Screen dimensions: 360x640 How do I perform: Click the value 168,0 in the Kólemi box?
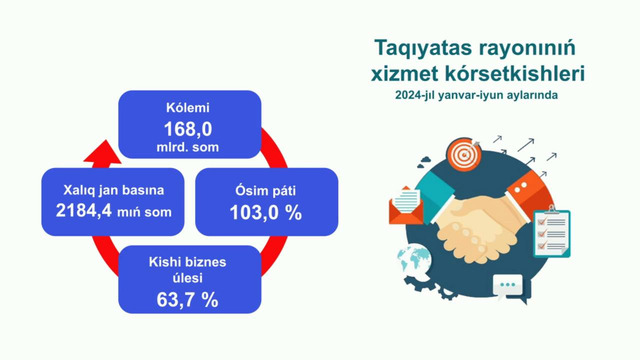[x=190, y=127]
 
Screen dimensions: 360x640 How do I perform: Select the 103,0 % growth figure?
[x=246, y=211]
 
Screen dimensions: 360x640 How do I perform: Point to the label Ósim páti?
[x=246, y=188]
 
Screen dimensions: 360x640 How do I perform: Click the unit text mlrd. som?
[x=190, y=147]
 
